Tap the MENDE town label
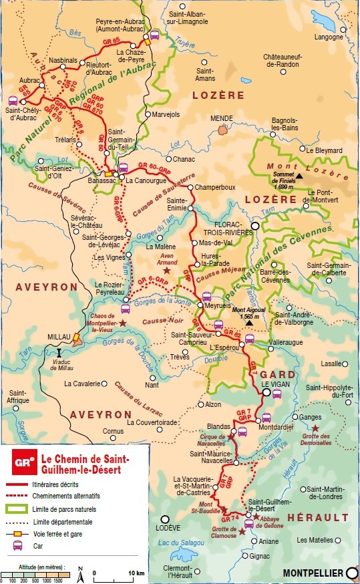(x=221, y=118)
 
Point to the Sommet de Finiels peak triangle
(x=300, y=176)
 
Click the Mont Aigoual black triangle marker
(x=248, y=323)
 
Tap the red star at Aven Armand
(x=167, y=271)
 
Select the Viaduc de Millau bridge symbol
(x=60, y=351)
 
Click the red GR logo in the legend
(x=24, y=462)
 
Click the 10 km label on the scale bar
(x=136, y=573)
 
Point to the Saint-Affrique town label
(x=19, y=396)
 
